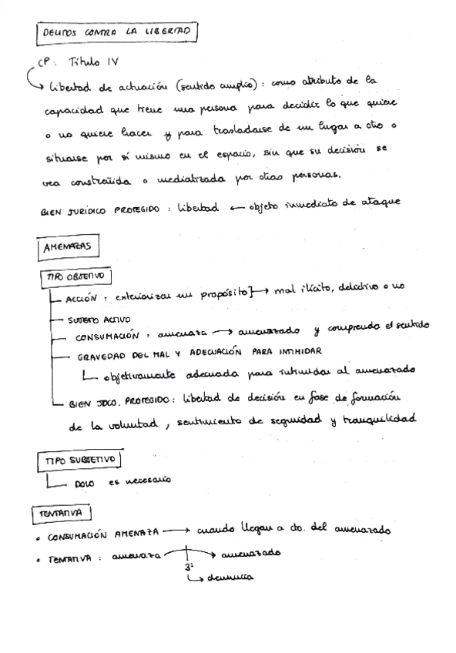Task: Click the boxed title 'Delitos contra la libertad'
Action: point(115,33)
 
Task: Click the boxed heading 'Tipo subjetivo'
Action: point(80,460)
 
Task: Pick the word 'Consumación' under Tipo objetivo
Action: point(106,337)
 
